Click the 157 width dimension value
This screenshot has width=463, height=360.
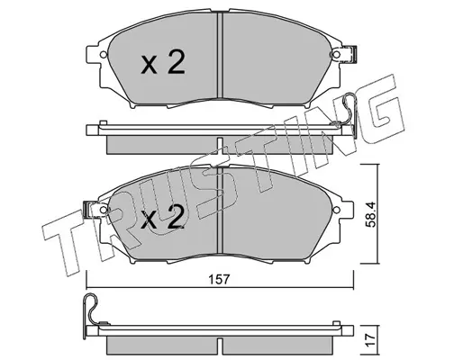[220, 279]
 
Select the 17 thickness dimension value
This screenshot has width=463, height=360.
[371, 340]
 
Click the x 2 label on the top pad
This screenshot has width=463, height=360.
[163, 62]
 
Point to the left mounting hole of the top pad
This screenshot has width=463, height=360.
[103, 55]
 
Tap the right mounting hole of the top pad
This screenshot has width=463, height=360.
[336, 55]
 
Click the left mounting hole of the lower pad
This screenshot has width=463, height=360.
[103, 210]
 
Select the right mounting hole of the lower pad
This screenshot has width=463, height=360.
[336, 210]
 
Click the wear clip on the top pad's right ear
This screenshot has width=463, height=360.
[350, 54]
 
